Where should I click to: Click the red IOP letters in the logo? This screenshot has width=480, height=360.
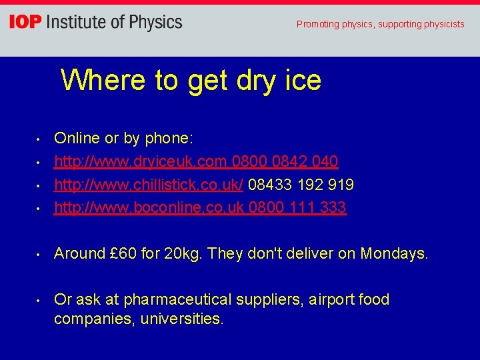point(25,22)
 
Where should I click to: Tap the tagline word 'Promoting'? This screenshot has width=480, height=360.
point(317,24)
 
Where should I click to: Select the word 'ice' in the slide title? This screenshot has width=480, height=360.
point(303,80)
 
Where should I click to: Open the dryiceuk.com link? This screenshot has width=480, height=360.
point(141,161)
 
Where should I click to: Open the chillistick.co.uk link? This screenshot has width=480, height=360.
point(149,184)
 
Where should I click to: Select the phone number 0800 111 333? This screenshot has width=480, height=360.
point(297,207)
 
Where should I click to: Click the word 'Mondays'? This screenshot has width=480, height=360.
point(393,253)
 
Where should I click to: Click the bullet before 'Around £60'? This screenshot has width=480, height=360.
point(39,254)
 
